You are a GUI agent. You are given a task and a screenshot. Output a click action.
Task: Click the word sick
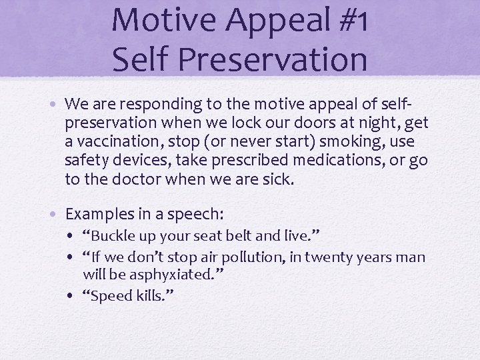tap(279, 179)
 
